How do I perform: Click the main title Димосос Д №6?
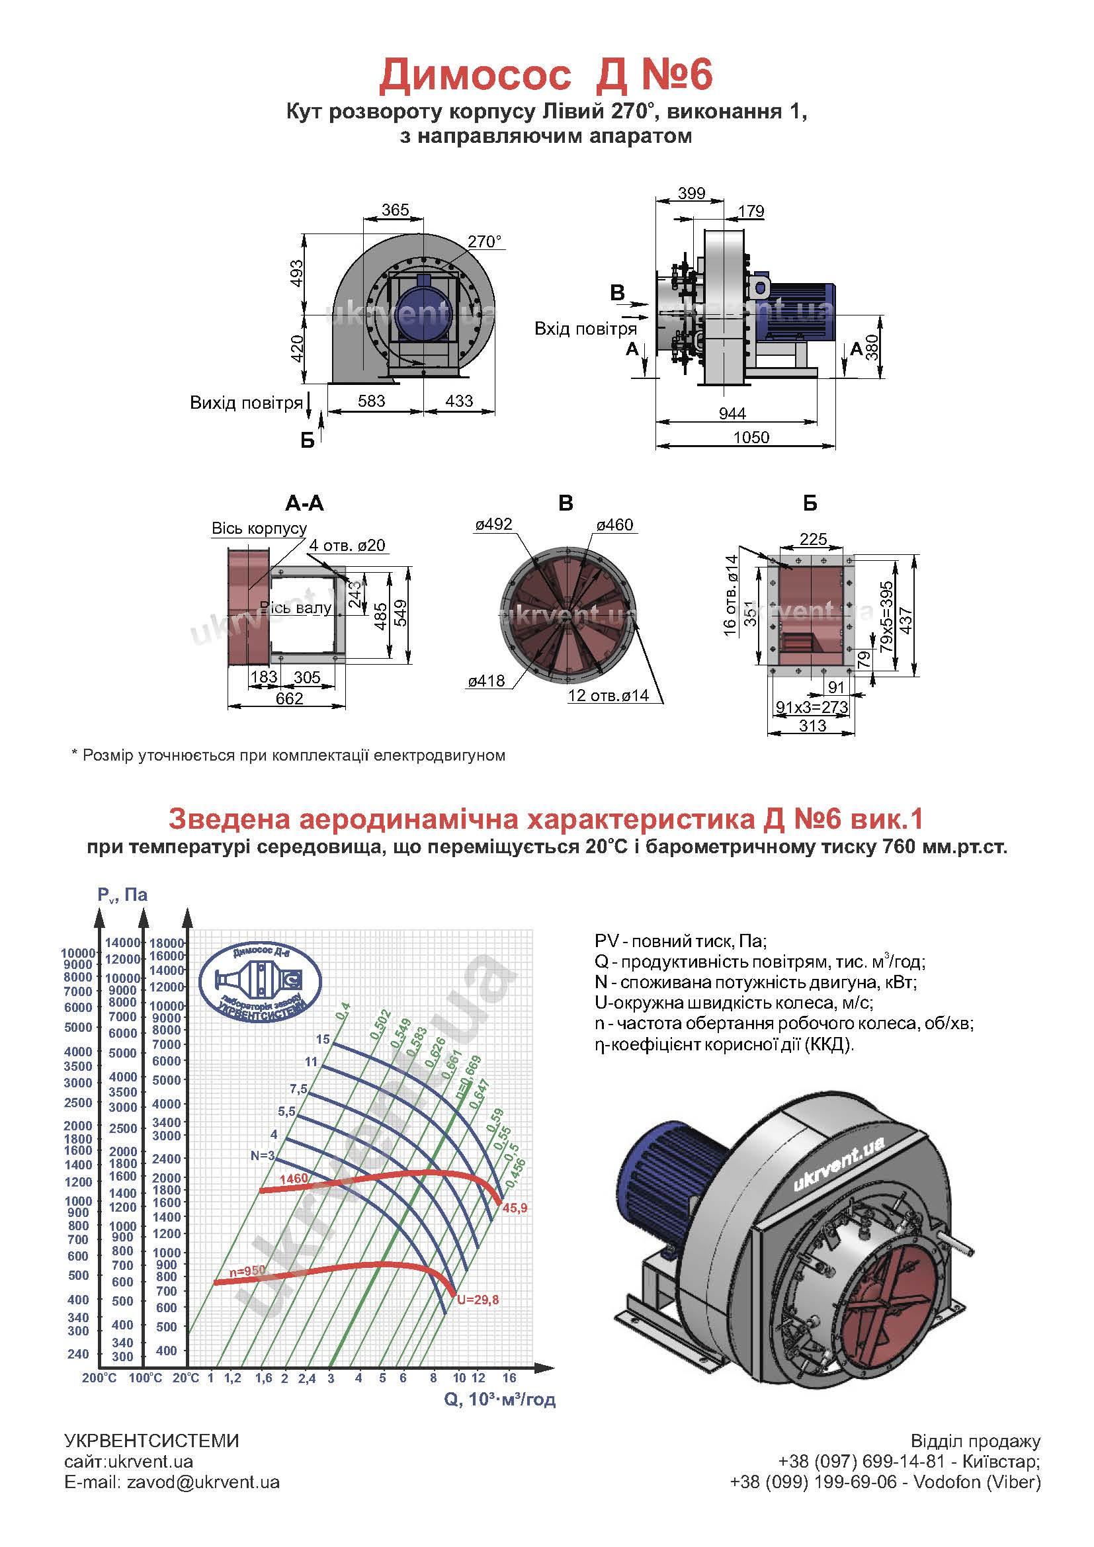tap(546, 75)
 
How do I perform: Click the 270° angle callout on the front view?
tap(485, 241)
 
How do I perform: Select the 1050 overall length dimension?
tap(751, 437)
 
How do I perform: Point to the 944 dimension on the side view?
tap(732, 413)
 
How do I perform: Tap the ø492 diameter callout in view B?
tap(494, 524)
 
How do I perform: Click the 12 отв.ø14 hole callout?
tap(609, 695)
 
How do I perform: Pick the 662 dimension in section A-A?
tap(290, 698)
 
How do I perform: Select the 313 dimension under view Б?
tap(812, 726)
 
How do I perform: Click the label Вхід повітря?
tap(585, 329)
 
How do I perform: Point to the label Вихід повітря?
tap(247, 403)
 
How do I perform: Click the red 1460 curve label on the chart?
tap(293, 1179)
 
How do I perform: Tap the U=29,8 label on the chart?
tap(478, 1300)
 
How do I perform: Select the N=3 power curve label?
tap(263, 1155)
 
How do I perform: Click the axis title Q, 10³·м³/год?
tap(500, 1400)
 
